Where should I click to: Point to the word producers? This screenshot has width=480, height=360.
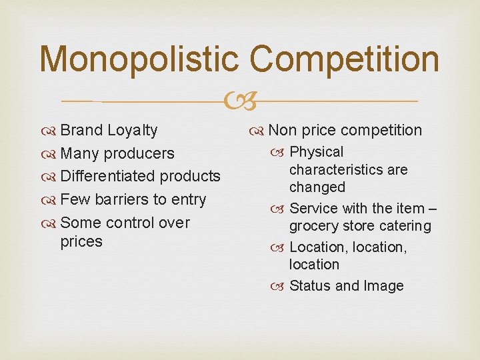(142, 153)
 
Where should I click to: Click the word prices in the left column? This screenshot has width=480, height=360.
(81, 241)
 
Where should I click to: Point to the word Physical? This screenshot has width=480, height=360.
(317, 152)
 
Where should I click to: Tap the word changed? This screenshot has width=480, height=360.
(317, 187)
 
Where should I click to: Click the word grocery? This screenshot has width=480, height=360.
(313, 226)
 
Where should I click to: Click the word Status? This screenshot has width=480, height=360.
(310, 285)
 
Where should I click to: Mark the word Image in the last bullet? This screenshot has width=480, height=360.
(383, 286)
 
